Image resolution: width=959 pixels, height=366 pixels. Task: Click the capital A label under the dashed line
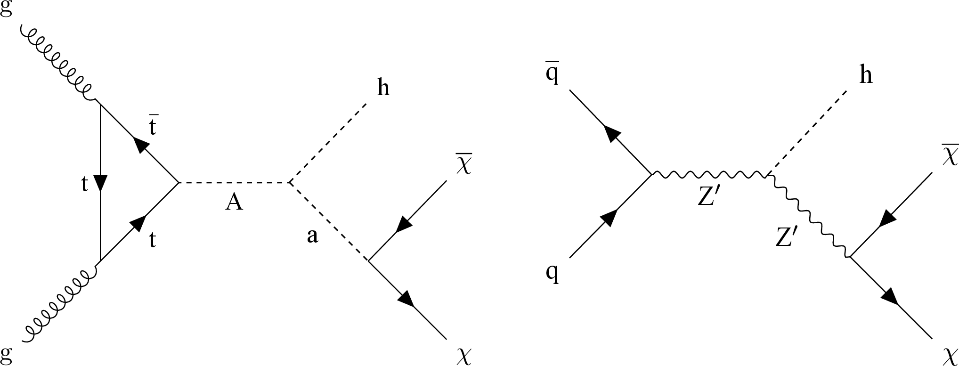click(234, 202)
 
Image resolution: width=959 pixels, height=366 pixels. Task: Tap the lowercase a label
click(312, 236)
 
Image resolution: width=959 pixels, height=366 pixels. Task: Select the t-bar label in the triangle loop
click(153, 126)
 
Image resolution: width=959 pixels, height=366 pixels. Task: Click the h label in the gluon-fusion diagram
click(383, 88)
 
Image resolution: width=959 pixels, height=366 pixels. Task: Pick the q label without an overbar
click(553, 274)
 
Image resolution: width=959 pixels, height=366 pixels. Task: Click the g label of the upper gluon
click(6, 8)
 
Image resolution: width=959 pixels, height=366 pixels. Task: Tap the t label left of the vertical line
click(85, 185)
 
